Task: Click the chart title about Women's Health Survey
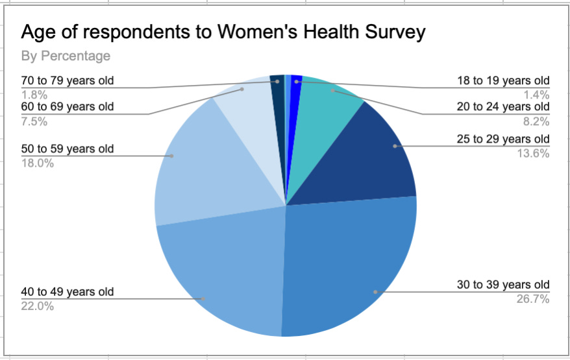coord(223,33)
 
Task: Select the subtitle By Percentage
coord(66,56)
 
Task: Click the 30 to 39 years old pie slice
coord(351,266)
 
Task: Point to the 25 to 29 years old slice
coord(377,156)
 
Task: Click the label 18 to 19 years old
coord(502,80)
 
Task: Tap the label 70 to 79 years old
coord(68,80)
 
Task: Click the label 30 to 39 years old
coord(502,285)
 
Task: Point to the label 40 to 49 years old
coord(68,292)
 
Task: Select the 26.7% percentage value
coord(534,299)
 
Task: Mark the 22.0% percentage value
coord(38,306)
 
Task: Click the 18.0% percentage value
coord(38,163)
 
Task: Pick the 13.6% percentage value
coord(534,153)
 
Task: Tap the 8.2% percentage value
coord(536,121)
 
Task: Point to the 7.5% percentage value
coord(35,121)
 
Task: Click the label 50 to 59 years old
coord(68,149)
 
